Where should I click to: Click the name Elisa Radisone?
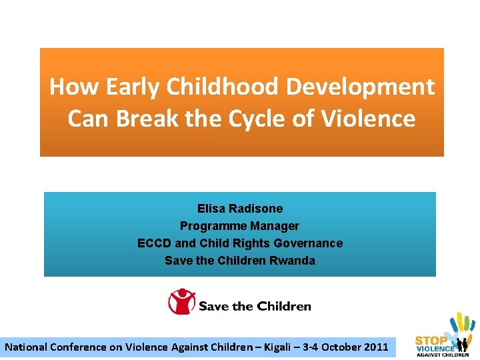point(240,209)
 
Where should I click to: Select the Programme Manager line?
point(240,226)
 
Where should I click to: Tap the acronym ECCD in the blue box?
point(154,243)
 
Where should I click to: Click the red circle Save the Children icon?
point(181,302)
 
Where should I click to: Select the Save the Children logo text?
point(255,307)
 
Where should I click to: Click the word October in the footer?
point(337,347)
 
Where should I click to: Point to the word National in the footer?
point(27,347)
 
